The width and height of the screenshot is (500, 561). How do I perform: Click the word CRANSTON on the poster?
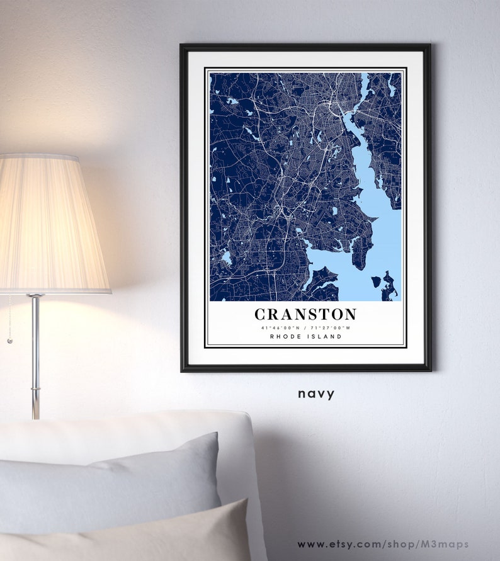tap(305, 314)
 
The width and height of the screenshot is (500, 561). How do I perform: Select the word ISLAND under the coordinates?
tap(325, 337)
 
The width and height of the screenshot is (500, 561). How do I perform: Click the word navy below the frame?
tap(316, 394)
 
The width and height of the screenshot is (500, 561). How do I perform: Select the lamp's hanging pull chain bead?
tap(9, 341)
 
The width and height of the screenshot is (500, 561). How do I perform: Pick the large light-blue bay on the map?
tap(378, 233)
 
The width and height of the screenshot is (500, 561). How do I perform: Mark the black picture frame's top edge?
tap(305, 47)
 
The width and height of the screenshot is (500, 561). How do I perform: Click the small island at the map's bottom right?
tap(376, 281)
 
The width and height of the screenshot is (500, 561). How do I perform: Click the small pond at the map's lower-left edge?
tap(226, 258)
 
